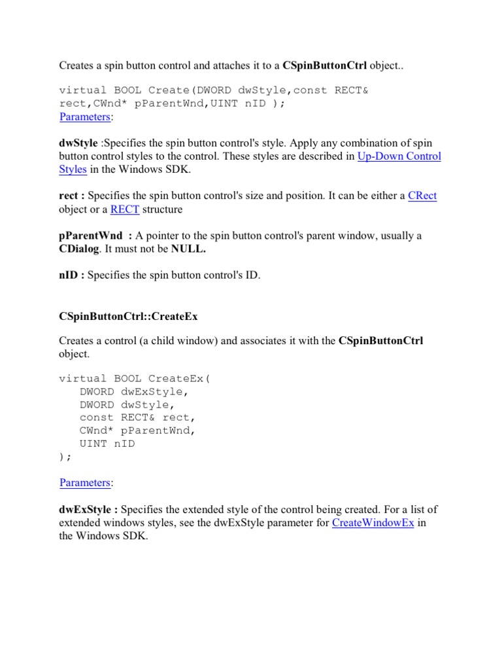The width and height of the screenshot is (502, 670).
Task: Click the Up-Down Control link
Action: click(399, 156)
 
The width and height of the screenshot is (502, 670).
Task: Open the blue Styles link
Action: click(73, 169)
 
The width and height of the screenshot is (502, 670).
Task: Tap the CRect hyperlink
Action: click(422, 196)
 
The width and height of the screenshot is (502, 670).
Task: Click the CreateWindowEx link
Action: click(373, 523)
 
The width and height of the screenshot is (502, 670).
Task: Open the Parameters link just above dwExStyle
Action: click(84, 483)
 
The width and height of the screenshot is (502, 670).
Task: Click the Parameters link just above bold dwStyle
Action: click(84, 117)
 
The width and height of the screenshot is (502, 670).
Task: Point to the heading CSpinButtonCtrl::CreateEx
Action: click(128, 316)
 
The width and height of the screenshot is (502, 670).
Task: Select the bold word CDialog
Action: click(80, 249)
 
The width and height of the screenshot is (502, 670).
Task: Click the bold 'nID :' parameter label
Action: click(72, 275)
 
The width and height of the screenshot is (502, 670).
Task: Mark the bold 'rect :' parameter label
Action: click(72, 196)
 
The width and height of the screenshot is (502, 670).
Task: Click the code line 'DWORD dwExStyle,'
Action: click(134, 392)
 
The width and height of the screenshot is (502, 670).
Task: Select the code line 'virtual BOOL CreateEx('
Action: click(135, 378)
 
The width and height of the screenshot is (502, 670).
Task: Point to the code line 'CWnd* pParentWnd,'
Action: click(137, 431)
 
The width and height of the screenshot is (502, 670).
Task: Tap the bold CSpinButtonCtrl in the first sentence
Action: click(324, 65)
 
